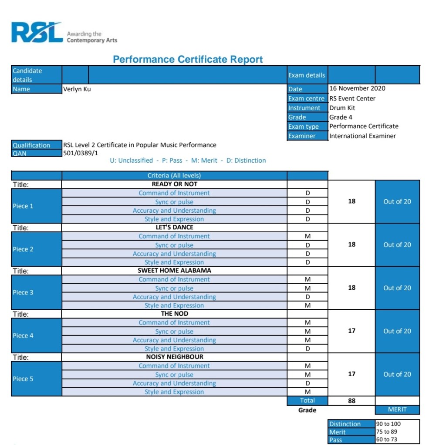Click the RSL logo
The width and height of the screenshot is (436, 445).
37,33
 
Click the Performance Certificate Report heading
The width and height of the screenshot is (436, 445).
188,60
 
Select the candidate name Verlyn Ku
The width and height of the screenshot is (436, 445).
77,89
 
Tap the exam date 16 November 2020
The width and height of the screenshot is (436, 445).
357,88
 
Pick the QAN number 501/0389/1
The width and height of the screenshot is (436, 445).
81,153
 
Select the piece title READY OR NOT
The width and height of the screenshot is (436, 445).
174,184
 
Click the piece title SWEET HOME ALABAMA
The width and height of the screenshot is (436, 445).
174,270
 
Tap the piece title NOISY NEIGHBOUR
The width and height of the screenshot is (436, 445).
174,357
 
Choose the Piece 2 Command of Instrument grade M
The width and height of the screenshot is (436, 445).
308,236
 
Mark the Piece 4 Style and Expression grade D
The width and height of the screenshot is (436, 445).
308,348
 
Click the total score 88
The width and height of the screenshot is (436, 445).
352,401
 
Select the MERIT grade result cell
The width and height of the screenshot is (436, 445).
397,409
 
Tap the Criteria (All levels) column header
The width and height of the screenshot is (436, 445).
174,176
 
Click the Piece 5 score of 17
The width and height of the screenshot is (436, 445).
352,374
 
